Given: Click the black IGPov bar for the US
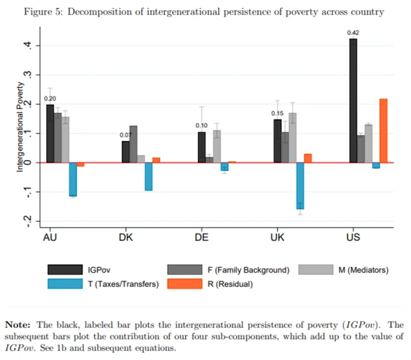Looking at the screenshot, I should pos(353,100).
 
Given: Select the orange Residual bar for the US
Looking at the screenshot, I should pos(383,130).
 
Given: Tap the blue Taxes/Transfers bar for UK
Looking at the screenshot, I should pos(300,185).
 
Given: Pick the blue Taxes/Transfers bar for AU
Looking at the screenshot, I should pos(73,179).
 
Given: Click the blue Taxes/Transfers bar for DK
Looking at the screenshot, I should pos(148,176).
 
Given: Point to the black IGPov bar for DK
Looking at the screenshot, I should pos(126,152).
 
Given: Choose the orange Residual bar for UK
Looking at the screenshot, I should pos(308,158).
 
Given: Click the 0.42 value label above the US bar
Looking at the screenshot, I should pos(353,32).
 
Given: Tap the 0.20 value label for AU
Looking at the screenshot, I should pos(50,98).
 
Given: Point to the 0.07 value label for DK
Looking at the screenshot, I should pos(126,135).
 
